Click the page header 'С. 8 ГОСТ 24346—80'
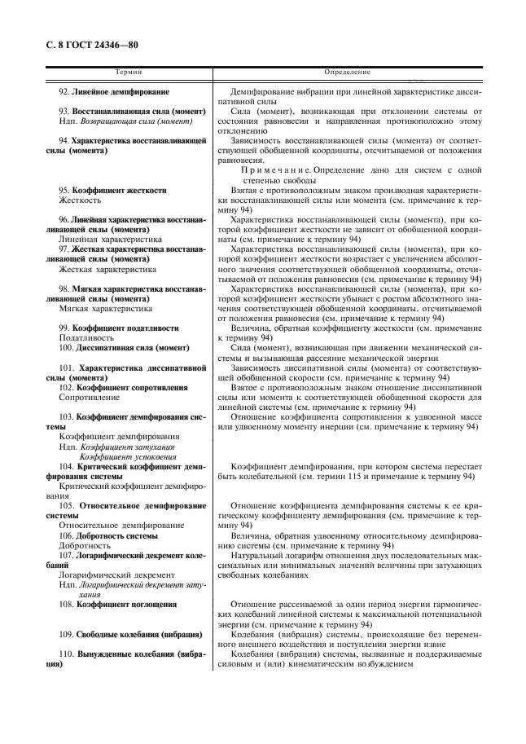coord(95,44)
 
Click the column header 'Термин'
coord(127,73)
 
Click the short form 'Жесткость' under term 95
coord(80,200)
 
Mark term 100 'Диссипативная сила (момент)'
coord(122,347)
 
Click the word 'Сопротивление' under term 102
coord(90,397)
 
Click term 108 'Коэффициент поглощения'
coord(118,605)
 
